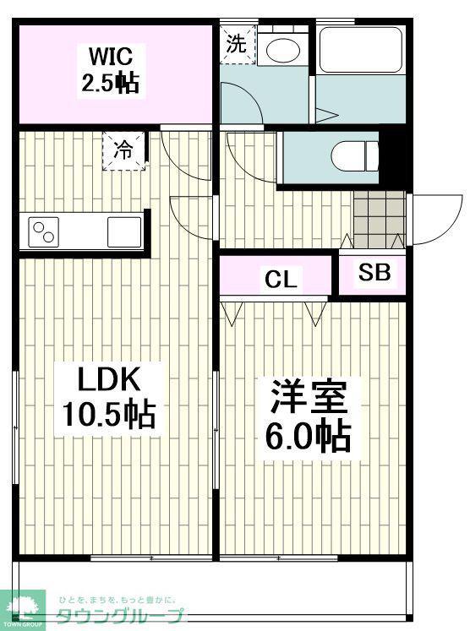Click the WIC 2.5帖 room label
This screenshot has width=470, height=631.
[x=111, y=70]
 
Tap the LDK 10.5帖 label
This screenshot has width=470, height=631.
[x=109, y=397]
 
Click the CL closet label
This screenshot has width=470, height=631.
[x=281, y=279]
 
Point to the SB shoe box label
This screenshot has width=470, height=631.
[x=374, y=272]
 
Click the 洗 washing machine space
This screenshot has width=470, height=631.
[x=238, y=44]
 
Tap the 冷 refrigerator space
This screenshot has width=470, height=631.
[x=123, y=151]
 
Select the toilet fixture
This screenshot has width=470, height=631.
[x=354, y=156]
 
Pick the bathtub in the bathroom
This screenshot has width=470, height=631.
[x=361, y=50]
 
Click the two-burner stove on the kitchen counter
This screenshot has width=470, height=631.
[x=44, y=232]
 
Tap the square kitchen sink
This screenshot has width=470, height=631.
[x=125, y=231]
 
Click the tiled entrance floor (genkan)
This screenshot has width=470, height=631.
[x=379, y=219]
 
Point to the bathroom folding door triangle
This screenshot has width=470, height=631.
[x=325, y=116]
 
